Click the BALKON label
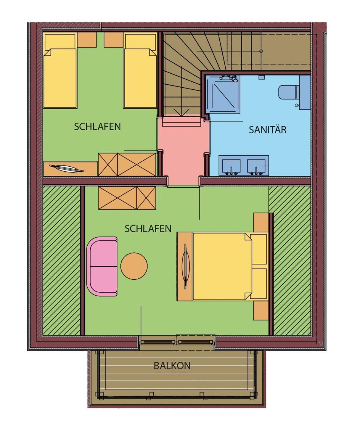(172, 366)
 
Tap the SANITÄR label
(268, 130)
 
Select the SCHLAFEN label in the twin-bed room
(97, 126)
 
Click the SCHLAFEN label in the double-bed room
(148, 228)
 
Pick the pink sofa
(102, 266)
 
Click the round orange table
(134, 266)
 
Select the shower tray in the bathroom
(224, 94)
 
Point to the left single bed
(60, 71)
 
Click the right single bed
(140, 71)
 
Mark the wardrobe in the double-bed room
(127, 198)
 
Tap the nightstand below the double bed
(261, 310)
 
